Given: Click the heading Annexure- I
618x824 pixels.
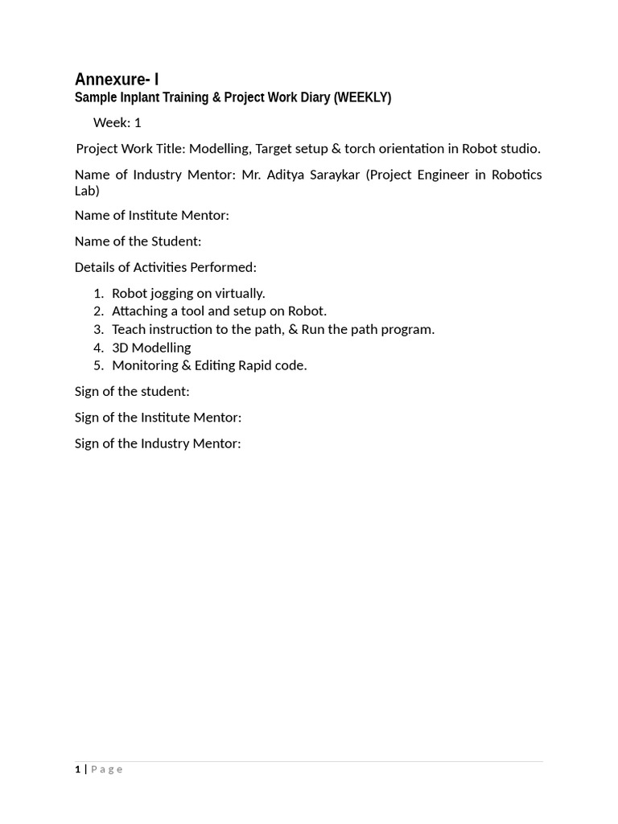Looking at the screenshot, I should [x=117, y=79].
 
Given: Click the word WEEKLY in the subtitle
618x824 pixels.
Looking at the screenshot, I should [x=361, y=97].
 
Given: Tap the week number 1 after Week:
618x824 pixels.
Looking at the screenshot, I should [x=138, y=123].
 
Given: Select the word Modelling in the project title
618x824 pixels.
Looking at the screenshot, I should [x=219, y=149].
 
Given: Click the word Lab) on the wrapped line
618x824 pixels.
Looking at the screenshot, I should [x=87, y=191].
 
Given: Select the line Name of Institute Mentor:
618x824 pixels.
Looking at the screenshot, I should [x=152, y=216].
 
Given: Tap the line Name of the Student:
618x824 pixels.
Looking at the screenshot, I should [x=138, y=241].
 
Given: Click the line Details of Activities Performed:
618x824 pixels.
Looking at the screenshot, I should [x=166, y=267].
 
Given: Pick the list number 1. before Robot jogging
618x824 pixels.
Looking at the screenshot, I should [x=98, y=293].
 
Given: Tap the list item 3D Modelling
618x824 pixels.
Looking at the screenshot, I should [x=151, y=348].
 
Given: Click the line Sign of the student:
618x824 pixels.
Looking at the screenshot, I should [x=132, y=392].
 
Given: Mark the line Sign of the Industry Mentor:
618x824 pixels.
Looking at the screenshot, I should [x=158, y=443].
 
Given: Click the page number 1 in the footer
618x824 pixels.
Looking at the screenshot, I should [x=78, y=769].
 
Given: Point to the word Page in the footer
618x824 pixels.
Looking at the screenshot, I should [x=107, y=769].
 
